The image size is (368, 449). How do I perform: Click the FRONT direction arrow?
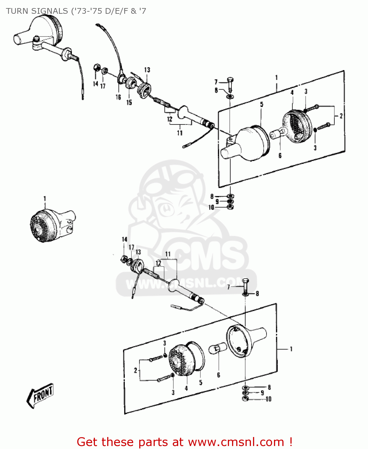click(40, 395)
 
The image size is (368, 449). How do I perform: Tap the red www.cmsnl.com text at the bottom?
click(236, 442)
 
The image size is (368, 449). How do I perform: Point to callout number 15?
click(129, 102)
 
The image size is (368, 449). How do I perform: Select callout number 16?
click(118, 97)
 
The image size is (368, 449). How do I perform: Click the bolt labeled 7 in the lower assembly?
click(245, 285)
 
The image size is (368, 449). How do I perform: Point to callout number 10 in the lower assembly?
click(268, 399)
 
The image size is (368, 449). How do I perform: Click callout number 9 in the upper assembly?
click(217, 202)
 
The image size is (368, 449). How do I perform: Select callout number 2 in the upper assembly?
click(341, 116)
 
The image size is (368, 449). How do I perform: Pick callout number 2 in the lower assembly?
click(135, 370)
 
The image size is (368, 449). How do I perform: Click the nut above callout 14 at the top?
click(97, 68)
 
